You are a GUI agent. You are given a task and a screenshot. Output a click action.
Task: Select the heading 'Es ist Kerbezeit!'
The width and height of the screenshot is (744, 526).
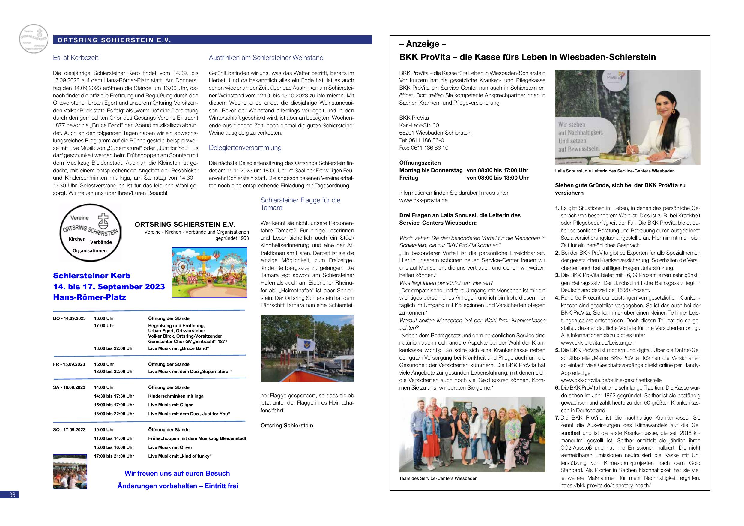(x=76, y=58)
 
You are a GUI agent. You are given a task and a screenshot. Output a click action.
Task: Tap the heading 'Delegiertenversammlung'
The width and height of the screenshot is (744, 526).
(x=245, y=148)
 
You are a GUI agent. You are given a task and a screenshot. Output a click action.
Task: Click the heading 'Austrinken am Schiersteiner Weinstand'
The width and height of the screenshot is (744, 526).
(x=266, y=58)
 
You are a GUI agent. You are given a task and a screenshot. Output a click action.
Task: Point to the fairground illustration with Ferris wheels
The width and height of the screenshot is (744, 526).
(x=209, y=273)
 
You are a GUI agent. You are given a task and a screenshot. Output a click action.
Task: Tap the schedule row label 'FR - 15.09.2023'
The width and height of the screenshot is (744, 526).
(x=69, y=364)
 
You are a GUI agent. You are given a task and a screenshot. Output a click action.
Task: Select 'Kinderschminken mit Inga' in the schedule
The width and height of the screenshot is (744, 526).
(x=176, y=396)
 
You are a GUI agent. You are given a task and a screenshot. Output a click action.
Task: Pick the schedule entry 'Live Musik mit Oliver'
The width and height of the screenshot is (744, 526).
(x=170, y=447)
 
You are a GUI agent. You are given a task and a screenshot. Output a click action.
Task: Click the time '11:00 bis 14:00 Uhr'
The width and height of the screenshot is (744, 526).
(x=114, y=438)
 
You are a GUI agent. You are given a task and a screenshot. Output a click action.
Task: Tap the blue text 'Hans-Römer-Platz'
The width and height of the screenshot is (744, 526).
(x=89, y=297)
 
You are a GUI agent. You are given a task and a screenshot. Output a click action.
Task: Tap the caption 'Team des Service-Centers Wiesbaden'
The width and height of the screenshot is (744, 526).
(x=438, y=478)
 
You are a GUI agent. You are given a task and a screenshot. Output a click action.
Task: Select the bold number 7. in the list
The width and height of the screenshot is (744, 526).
(x=557, y=418)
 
